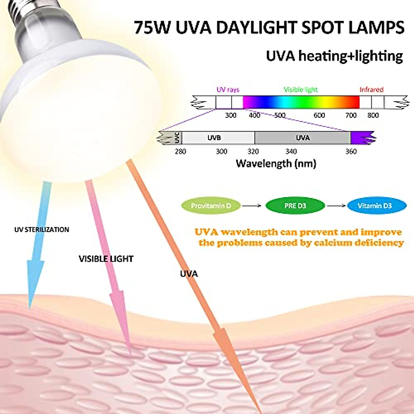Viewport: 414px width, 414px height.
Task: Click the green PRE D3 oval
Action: click(295, 206)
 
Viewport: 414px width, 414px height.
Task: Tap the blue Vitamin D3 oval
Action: click(374, 206)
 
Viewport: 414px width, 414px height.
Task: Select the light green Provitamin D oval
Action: click(211, 206)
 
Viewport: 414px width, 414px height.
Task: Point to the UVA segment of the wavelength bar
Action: click(303, 138)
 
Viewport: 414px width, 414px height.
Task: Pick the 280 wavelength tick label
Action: click(180, 151)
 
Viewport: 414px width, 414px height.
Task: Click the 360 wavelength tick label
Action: click(351, 151)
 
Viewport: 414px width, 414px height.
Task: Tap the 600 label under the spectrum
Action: click(319, 115)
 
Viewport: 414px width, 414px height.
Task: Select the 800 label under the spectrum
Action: click(373, 115)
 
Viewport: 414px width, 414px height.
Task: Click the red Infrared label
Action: click(371, 90)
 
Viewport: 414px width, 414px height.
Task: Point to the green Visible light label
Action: click(300, 90)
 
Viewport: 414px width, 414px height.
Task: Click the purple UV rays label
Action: click(228, 90)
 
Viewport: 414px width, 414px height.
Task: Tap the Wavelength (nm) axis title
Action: click(276, 164)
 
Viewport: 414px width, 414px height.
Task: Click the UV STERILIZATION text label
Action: click(42, 229)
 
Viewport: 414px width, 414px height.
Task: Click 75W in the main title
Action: click(152, 28)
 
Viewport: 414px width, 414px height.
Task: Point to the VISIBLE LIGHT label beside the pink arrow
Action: click(106, 259)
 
